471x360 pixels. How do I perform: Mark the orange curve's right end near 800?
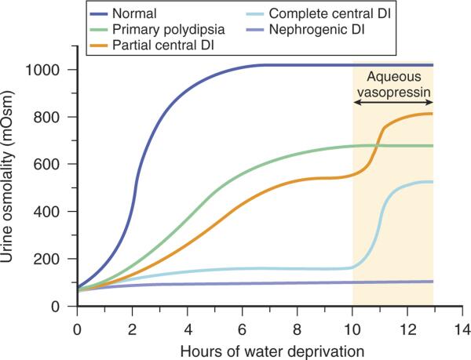pyautogui.click(x=432, y=114)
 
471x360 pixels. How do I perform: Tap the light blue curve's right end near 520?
pyautogui.click(x=432, y=182)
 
